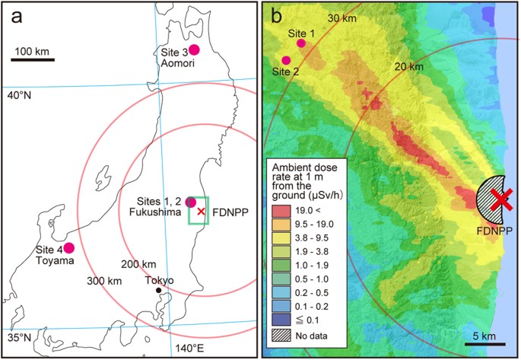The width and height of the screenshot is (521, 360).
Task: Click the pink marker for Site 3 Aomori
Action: click(x=194, y=49)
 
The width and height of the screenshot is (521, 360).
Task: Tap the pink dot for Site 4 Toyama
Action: click(x=69, y=247)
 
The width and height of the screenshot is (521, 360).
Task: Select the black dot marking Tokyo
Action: click(x=157, y=290)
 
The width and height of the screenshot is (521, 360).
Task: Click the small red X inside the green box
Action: click(x=201, y=212)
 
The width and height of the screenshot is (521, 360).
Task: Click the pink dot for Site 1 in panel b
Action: click(x=301, y=43)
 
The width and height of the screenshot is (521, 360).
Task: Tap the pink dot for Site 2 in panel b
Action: click(x=287, y=60)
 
